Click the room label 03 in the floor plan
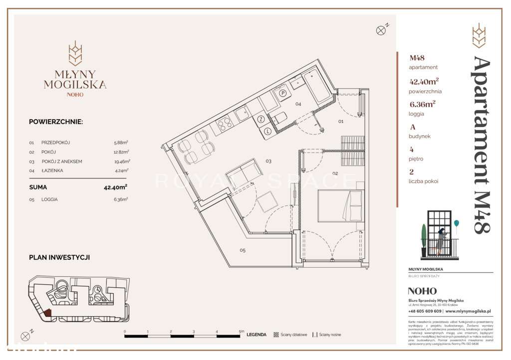click(x=268, y=161)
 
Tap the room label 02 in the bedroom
click(x=335, y=174)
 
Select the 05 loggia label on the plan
click(x=242, y=250)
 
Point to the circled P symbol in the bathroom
click(x=282, y=93)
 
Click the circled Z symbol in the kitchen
click(x=260, y=119)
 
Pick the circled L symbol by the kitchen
click(x=267, y=131)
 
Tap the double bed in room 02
click(x=340, y=206)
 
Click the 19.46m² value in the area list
click(x=122, y=162)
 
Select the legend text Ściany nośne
click(x=331, y=335)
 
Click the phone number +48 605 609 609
click(x=424, y=311)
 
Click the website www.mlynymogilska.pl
click(x=468, y=311)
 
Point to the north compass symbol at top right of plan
click(x=381, y=30)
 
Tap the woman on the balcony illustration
click(x=441, y=241)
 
